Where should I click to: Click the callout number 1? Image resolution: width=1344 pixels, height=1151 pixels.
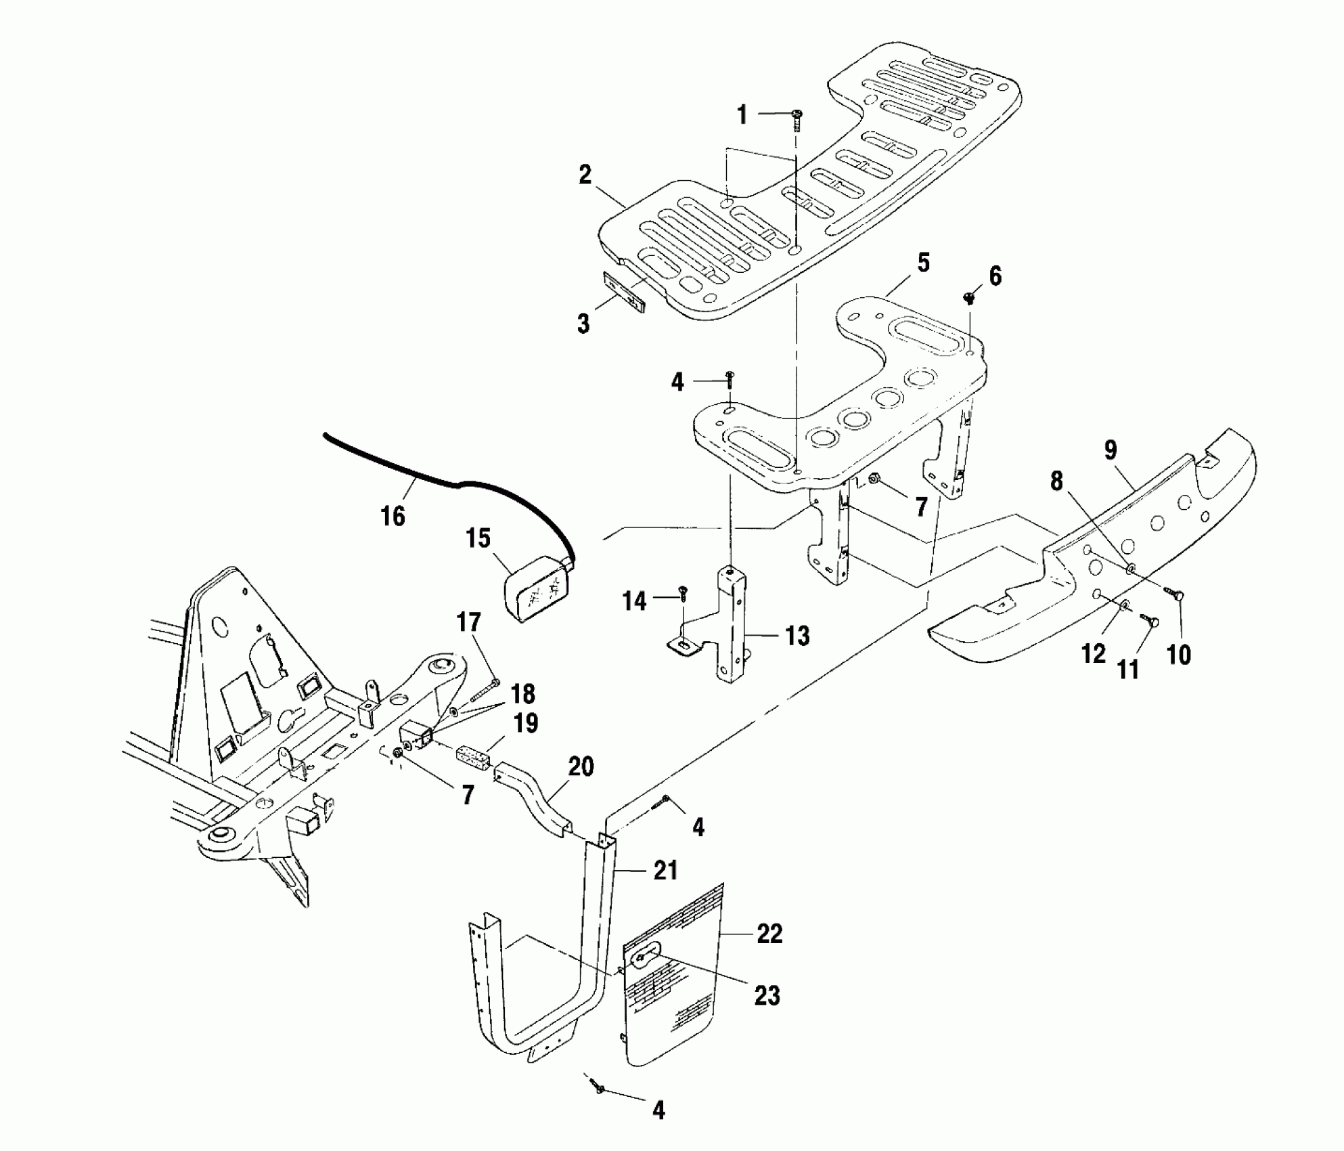click(x=742, y=115)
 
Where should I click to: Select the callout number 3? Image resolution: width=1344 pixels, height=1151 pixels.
click(x=583, y=324)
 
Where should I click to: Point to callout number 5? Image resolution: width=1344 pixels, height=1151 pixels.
click(x=924, y=263)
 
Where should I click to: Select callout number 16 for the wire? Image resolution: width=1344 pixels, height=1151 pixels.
click(x=393, y=517)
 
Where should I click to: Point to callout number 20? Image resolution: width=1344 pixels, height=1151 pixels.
click(x=581, y=767)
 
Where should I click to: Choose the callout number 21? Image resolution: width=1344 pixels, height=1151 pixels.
click(x=665, y=871)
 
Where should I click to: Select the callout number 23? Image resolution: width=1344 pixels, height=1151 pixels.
click(x=767, y=995)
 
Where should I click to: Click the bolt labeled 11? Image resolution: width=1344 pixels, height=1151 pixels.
click(x=1148, y=618)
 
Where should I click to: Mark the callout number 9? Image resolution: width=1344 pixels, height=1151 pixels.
click(x=1111, y=450)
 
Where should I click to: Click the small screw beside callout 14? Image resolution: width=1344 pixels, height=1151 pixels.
click(x=684, y=592)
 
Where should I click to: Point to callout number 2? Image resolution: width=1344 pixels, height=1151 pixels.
click(x=585, y=175)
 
